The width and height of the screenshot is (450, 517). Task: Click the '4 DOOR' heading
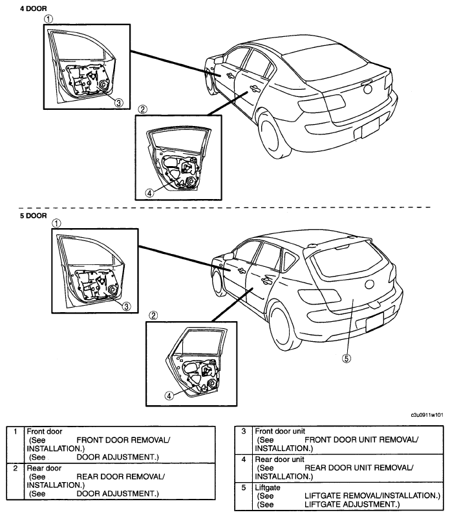pos(34,8)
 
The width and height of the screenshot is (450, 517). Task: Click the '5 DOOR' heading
pos(34,216)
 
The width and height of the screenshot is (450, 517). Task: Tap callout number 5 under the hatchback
pos(347,358)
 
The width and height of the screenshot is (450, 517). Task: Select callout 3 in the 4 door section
pos(119,103)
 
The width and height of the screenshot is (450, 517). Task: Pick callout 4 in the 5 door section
pos(169,396)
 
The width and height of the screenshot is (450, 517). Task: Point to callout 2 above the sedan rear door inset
pos(142,109)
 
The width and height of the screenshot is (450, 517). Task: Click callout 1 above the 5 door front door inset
pos(57,223)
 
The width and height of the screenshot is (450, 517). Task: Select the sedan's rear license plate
pos(370,128)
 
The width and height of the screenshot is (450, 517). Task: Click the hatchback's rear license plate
pos(375,322)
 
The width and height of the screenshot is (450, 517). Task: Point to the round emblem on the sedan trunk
pos(367,89)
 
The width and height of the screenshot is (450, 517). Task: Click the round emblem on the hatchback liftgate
pos(370,284)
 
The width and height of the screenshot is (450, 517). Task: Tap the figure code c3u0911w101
pos(427,415)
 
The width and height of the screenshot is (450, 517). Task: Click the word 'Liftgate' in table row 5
pos(268,487)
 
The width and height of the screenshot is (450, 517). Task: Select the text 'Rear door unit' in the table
pos(279,459)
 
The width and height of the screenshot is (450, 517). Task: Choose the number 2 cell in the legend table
pos(15,468)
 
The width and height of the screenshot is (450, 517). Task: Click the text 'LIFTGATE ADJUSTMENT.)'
pos(352,504)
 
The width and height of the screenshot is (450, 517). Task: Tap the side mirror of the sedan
pos(219,60)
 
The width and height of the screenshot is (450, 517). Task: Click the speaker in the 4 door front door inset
pos(104,85)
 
